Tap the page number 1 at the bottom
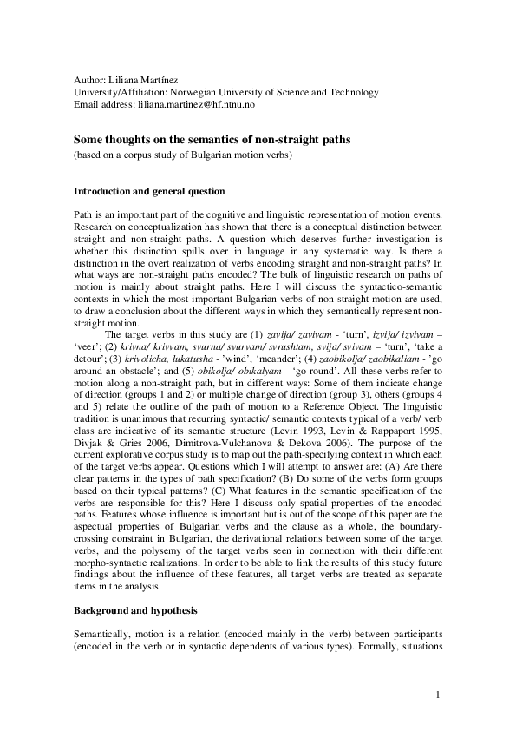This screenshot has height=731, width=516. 439,695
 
